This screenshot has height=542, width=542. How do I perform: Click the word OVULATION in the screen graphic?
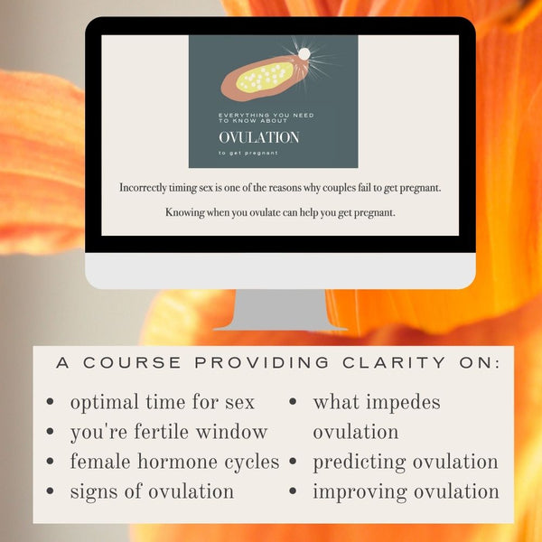(258, 137)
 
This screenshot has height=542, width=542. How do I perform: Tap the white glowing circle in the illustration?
(304, 54)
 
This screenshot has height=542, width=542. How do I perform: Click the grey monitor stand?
(279, 310)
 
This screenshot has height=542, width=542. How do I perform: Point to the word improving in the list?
(355, 491)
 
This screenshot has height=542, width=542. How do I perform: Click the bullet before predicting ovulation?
(294, 462)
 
